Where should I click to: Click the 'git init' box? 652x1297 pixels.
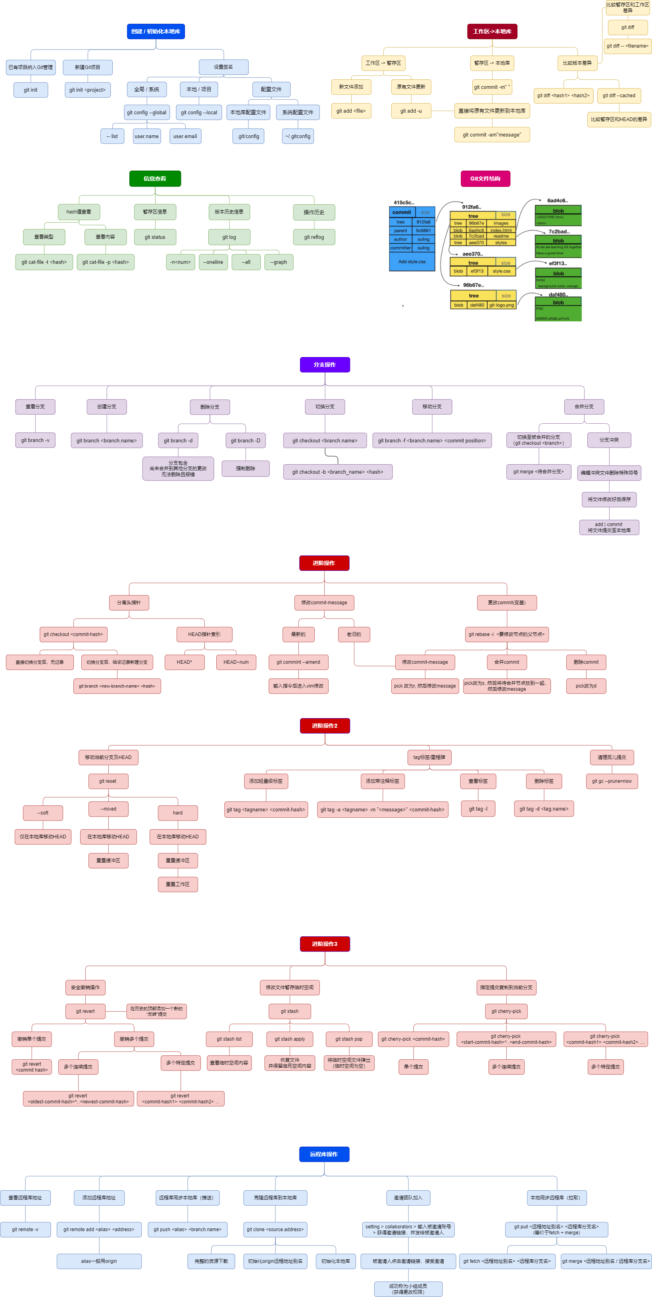pos(31,90)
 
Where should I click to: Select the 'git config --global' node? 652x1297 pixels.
pos(146,113)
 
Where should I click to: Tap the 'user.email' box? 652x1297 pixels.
pos(185,136)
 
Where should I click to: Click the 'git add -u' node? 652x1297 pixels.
pos(411,111)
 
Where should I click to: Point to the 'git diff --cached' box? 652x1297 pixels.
pos(619,96)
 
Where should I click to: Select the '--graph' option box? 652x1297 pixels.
pos(279,262)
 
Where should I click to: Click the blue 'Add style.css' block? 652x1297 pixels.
pos(412,262)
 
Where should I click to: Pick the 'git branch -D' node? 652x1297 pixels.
pos(246,440)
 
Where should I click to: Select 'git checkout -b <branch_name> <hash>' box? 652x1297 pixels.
pos(337,472)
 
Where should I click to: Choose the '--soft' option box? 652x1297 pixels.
pos(43,813)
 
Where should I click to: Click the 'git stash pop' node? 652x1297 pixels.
pos(349,1039)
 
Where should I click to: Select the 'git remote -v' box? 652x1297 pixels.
pos(25,1229)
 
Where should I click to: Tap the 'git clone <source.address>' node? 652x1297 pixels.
pos(275,1229)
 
